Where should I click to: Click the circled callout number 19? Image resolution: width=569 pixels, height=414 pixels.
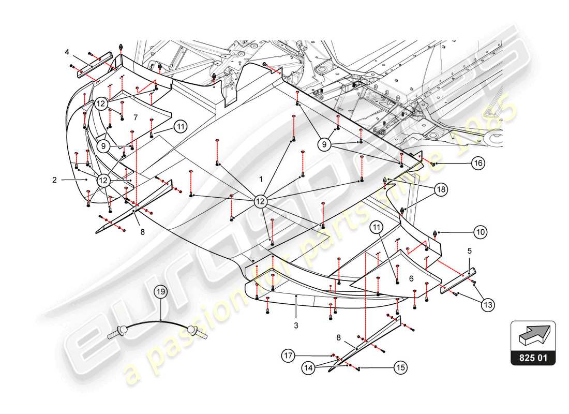click(x=161, y=292)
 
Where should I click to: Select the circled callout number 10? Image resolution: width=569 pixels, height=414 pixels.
click(x=481, y=232)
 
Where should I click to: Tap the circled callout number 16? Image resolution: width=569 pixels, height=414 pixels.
click(x=478, y=164)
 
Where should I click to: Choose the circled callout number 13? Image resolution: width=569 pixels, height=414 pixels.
click(x=487, y=305)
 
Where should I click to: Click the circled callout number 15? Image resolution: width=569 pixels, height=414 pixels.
click(x=400, y=368)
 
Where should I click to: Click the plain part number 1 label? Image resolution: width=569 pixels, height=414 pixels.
click(x=261, y=179)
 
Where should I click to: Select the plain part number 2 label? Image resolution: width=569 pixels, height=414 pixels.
click(x=54, y=180)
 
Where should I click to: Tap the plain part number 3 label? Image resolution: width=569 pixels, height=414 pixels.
click(x=296, y=326)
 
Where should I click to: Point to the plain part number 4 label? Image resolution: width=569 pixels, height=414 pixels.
click(x=67, y=52)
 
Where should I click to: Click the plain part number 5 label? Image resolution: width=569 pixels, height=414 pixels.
click(x=469, y=251)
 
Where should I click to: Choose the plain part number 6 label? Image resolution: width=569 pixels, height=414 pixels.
click(x=411, y=278)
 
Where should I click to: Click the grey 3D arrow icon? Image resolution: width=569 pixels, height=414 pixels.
click(x=533, y=335)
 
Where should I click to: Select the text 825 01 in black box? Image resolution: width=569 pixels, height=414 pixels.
click(x=533, y=357)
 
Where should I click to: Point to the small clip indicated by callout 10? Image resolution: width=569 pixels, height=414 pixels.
click(x=435, y=233)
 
